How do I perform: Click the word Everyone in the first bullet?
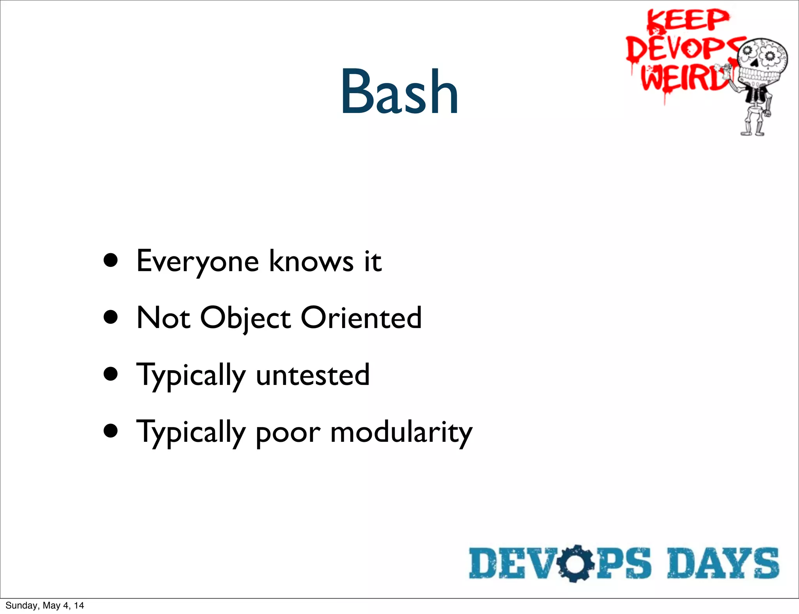point(197,261)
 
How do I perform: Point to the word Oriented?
point(361,318)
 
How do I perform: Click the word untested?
point(312,375)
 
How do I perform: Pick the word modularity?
point(401,432)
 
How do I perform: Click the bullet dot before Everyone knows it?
point(111,260)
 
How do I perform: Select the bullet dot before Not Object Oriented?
point(111,317)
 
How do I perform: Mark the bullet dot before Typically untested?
point(111,374)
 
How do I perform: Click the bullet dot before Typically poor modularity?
point(111,431)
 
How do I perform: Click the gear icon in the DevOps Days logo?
point(575,563)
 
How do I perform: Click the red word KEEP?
point(687,20)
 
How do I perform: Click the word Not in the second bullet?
point(163,318)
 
